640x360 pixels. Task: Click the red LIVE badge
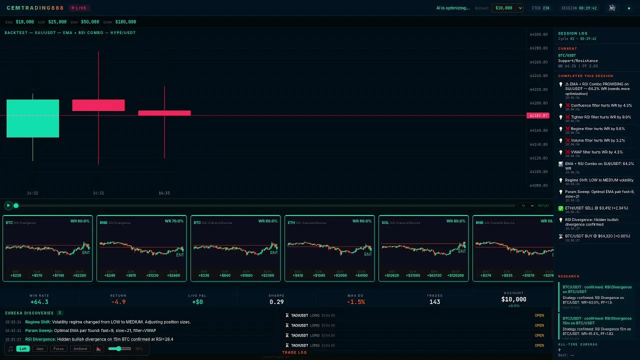click(78, 8)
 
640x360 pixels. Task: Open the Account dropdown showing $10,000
click(507, 8)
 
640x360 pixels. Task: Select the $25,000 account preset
click(57, 22)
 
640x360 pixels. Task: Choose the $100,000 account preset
click(125, 22)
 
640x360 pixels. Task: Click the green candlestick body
click(32, 118)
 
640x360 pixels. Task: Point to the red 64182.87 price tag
click(538, 115)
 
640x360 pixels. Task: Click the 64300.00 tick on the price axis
click(538, 34)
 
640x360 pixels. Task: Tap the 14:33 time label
click(164, 193)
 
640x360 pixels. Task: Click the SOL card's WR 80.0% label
click(456, 221)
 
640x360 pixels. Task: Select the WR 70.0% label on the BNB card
click(174, 221)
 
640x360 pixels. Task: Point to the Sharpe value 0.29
click(276, 302)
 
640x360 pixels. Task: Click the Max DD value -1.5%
click(356, 302)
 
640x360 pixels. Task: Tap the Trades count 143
click(434, 302)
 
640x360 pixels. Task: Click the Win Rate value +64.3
click(39, 302)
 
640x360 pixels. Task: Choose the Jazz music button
click(40, 348)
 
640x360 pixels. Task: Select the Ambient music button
click(80, 348)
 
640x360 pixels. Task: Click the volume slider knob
click(118, 348)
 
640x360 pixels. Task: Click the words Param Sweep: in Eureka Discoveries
click(37, 330)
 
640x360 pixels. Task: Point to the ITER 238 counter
click(540, 8)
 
